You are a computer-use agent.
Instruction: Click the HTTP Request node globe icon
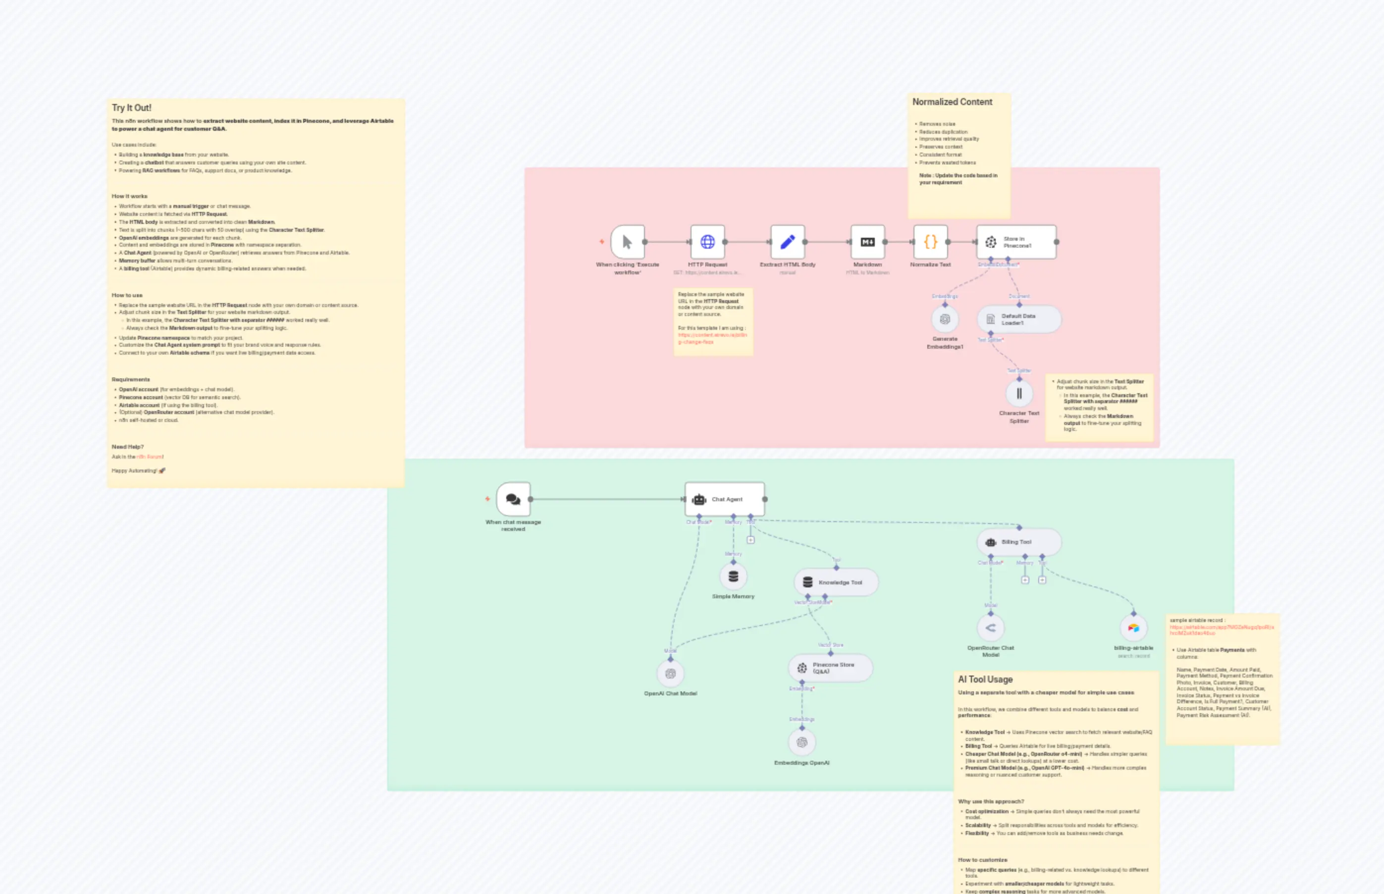pyautogui.click(x=707, y=242)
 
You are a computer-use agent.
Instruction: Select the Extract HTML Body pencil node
pyautogui.click(x=787, y=242)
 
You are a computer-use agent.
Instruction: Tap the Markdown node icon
pyautogui.click(x=867, y=242)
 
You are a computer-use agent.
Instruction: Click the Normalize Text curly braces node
pyautogui.click(x=930, y=242)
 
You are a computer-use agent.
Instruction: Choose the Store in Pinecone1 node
pyautogui.click(x=1016, y=242)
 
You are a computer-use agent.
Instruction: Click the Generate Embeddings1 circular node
pyautogui.click(x=945, y=319)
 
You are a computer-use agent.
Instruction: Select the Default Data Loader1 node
pyautogui.click(x=1019, y=319)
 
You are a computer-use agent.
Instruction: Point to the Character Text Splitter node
pyautogui.click(x=1019, y=394)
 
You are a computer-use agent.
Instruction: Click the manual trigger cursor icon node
pyautogui.click(x=627, y=242)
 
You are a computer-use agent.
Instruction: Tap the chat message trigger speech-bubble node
pyautogui.click(x=513, y=499)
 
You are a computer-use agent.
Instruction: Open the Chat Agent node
pyautogui.click(x=725, y=499)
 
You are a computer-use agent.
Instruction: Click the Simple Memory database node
pyautogui.click(x=733, y=577)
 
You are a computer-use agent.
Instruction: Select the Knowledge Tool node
pyautogui.click(x=836, y=582)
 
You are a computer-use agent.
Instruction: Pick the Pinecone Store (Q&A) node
pyautogui.click(x=830, y=668)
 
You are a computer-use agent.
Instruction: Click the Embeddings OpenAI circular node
pyautogui.click(x=802, y=742)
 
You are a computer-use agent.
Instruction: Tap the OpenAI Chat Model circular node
pyautogui.click(x=671, y=674)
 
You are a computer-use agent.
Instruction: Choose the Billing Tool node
pyautogui.click(x=1019, y=542)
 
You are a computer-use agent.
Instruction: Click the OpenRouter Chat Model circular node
pyautogui.click(x=990, y=628)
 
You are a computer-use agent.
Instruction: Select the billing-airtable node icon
pyautogui.click(x=1133, y=628)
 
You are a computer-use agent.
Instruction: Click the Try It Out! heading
pyautogui.click(x=132, y=108)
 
